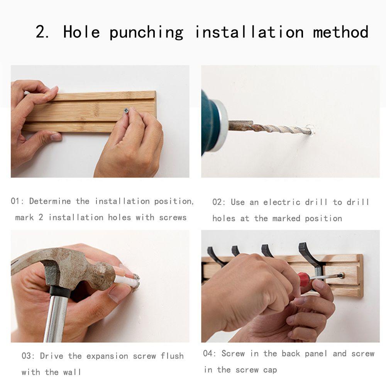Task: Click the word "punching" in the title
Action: point(146,33)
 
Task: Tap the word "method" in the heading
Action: point(341,32)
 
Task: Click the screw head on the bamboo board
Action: point(127,111)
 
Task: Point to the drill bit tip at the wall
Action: point(310,130)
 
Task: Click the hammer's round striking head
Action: point(103,276)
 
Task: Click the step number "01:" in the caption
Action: point(17,201)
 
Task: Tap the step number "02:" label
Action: point(219,202)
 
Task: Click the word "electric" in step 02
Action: point(282,202)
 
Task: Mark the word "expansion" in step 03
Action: point(107,356)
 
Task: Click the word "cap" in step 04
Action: point(270,370)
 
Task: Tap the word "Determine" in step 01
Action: point(50,201)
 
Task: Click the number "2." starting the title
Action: point(42,32)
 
